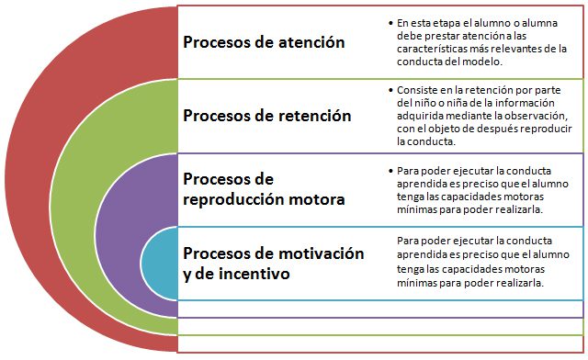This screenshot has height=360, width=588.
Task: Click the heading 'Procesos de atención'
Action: [264, 42]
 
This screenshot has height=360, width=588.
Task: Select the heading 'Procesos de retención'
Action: [267, 116]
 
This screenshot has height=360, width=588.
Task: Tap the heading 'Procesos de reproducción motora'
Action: [264, 189]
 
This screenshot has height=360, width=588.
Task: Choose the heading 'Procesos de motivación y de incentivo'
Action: [274, 264]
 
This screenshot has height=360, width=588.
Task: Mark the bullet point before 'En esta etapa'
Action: [390, 23]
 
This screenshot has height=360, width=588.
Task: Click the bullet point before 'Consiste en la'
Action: [390, 90]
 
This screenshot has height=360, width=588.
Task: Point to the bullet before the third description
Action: [390, 171]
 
